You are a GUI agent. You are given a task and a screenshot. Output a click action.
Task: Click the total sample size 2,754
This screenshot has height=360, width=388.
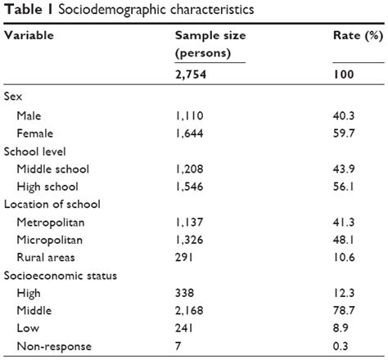coord(193,75)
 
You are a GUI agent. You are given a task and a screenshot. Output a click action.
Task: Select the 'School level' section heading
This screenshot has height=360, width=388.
coord(35,151)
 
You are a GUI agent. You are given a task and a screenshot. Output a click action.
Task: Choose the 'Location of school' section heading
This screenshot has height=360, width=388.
coord(51,205)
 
